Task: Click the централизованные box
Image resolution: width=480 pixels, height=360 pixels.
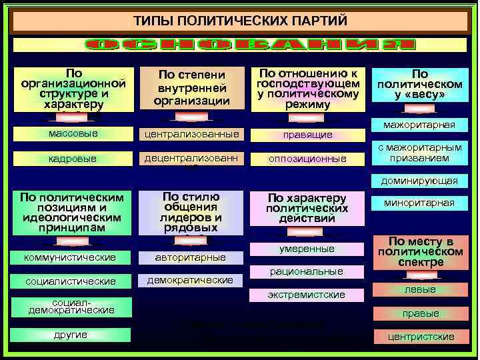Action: tap(191, 134)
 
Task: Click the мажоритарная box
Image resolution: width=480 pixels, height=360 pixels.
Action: tap(419, 125)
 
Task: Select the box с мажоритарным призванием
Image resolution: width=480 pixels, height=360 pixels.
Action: tap(419, 153)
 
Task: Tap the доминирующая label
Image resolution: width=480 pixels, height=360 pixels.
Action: tap(419, 181)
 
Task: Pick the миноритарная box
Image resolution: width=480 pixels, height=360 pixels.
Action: tap(419, 203)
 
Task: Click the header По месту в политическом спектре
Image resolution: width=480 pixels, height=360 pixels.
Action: tap(420, 251)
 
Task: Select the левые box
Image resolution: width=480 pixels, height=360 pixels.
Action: tap(420, 289)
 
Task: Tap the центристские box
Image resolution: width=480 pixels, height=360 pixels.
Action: tap(421, 337)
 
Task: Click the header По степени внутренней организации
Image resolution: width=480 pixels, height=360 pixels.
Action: tap(191, 88)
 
